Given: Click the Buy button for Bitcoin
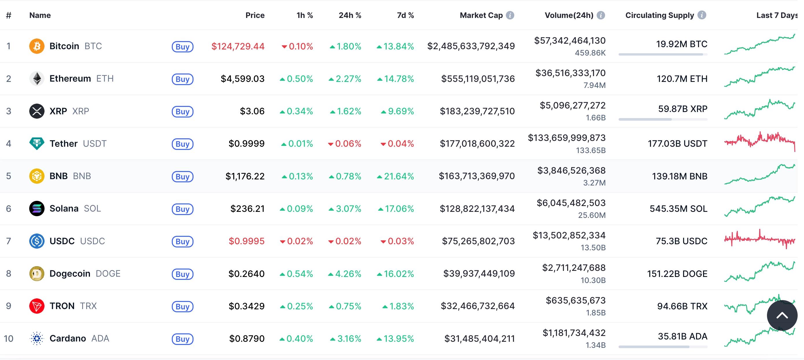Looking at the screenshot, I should [x=182, y=47].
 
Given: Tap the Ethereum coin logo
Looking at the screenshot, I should [x=37, y=79].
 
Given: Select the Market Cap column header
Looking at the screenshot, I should [x=481, y=15].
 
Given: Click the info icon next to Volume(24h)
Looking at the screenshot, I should [x=600, y=15].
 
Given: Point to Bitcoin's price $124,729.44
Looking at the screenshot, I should [x=238, y=47].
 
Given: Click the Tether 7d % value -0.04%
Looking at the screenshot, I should [x=397, y=144].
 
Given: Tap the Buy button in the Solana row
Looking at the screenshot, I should [x=182, y=209].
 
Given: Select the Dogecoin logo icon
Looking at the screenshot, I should [x=37, y=274].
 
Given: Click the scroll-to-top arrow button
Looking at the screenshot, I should [x=782, y=315].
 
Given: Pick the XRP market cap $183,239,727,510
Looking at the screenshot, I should [x=477, y=111].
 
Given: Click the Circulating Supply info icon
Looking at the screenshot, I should [x=702, y=15].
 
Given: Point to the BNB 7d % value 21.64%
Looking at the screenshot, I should [x=395, y=177].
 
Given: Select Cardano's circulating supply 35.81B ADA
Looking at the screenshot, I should [x=682, y=336].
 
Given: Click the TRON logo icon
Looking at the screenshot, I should [x=37, y=306].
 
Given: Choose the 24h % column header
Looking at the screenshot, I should [x=350, y=15].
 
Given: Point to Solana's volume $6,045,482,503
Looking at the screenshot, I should [x=571, y=203].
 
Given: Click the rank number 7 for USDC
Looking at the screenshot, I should [x=9, y=241].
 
